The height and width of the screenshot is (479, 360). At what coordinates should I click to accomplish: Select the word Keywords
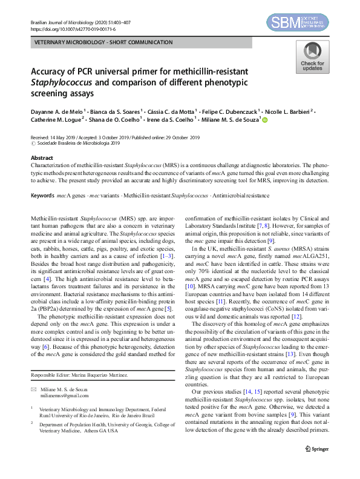(x=44, y=195)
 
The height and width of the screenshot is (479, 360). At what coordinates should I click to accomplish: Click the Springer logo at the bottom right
(x=317, y=449)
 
